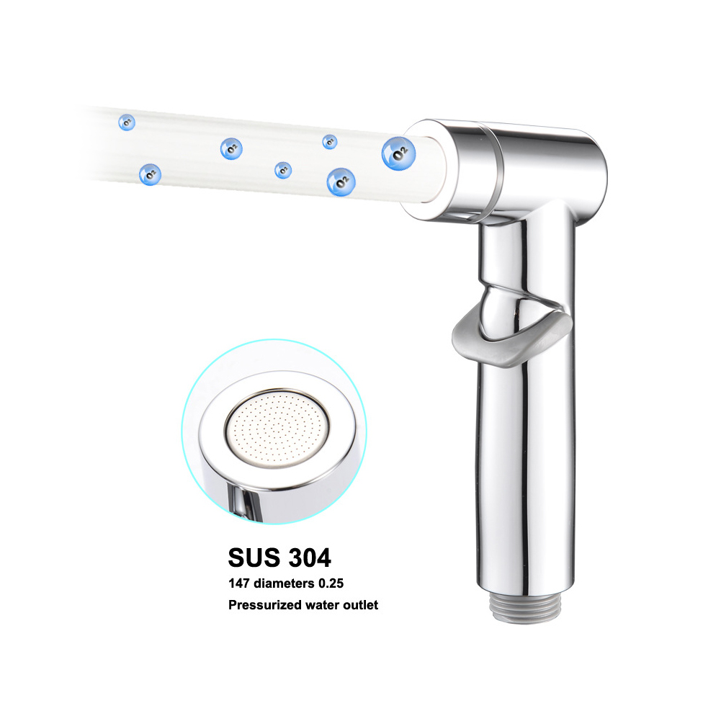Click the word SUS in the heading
tap(254, 557)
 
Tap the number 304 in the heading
tap(310, 557)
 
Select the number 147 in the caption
tap(239, 583)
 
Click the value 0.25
tap(331, 583)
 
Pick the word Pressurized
tap(264, 604)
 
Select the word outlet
tap(360, 604)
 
